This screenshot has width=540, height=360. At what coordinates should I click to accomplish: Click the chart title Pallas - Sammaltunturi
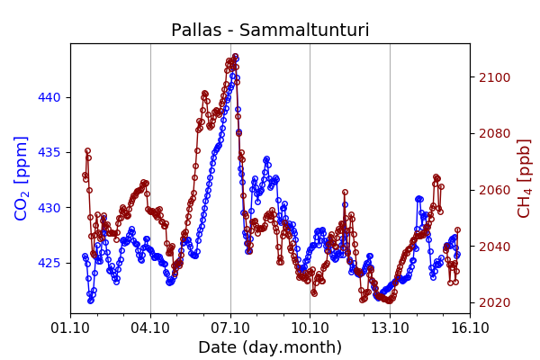pos(270,31)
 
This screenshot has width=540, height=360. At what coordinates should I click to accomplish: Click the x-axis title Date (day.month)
pos(270,347)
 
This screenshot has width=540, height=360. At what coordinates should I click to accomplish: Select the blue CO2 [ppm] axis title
pos(22,178)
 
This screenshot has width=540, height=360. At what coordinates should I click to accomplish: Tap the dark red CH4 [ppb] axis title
pos(524,178)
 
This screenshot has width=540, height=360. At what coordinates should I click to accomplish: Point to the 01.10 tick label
pos(70,328)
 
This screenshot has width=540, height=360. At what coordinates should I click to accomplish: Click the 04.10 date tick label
pos(150,328)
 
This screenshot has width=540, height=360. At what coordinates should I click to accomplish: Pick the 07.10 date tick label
pos(230,328)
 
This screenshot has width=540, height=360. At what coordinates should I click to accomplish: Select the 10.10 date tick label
pos(310,328)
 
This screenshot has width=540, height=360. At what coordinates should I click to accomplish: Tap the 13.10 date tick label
pos(390,328)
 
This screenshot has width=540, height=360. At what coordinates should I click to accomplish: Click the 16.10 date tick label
pos(469,328)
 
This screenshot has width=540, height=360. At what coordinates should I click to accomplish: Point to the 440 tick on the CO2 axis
pos(52,97)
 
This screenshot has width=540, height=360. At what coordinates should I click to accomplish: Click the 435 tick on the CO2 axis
pos(52,152)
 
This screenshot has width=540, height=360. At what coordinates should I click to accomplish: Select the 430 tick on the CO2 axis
pos(52,208)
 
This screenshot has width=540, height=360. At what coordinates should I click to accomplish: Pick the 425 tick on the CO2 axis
pos(52,263)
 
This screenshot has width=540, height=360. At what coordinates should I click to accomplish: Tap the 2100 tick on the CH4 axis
pos(493,77)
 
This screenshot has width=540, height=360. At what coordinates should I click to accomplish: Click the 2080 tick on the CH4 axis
pos(493,133)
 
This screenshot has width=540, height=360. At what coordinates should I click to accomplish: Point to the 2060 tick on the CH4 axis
pos(493,190)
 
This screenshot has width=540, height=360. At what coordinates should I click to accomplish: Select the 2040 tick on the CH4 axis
pos(493,247)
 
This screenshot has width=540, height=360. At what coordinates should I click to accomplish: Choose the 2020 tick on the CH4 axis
pos(493,302)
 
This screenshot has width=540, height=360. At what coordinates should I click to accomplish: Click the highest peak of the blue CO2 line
pos(235,57)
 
